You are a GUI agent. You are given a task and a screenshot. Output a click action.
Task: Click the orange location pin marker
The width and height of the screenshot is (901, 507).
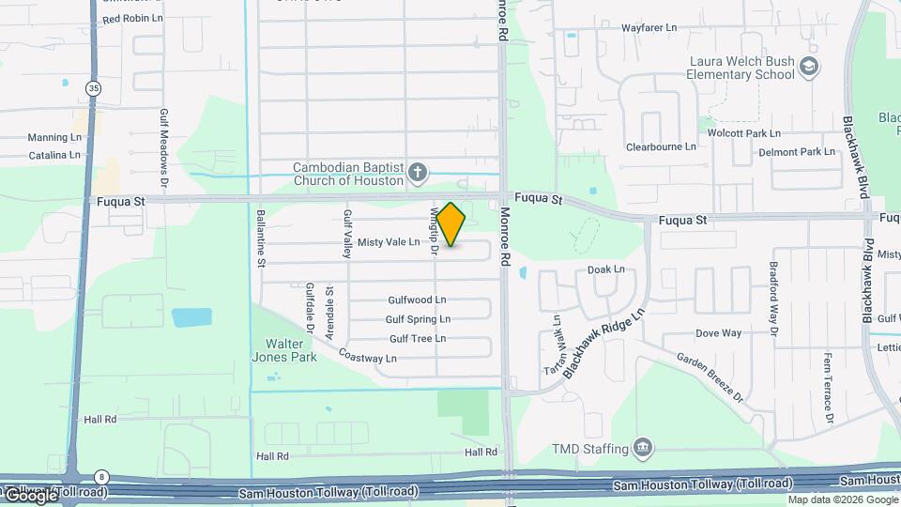[x=451, y=223]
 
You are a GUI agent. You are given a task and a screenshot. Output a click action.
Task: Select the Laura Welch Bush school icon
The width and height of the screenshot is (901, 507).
[x=809, y=67]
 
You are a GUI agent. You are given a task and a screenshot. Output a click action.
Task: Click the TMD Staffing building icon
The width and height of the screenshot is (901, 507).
[x=643, y=446]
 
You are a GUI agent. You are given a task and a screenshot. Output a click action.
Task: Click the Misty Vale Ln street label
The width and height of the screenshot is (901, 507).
[x=389, y=242]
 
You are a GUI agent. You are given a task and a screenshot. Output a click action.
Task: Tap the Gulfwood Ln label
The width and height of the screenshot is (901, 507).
[x=417, y=300]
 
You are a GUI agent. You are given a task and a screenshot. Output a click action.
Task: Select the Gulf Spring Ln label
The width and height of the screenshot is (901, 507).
[x=418, y=319]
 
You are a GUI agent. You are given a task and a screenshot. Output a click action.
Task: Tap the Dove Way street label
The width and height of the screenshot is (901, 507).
[x=719, y=333]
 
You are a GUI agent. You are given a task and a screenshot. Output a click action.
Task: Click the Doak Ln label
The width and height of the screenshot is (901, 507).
[x=605, y=270]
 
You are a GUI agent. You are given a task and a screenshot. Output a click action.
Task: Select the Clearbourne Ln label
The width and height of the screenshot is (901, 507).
[x=661, y=146]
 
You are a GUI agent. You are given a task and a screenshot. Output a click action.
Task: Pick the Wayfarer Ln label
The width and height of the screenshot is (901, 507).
[x=649, y=28]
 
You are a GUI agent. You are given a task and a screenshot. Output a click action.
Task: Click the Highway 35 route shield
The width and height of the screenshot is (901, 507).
[x=92, y=87]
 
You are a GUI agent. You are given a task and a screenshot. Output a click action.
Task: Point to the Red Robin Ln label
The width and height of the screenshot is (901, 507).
[x=132, y=19]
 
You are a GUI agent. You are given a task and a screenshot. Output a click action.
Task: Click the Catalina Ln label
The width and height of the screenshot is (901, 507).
[x=54, y=155]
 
